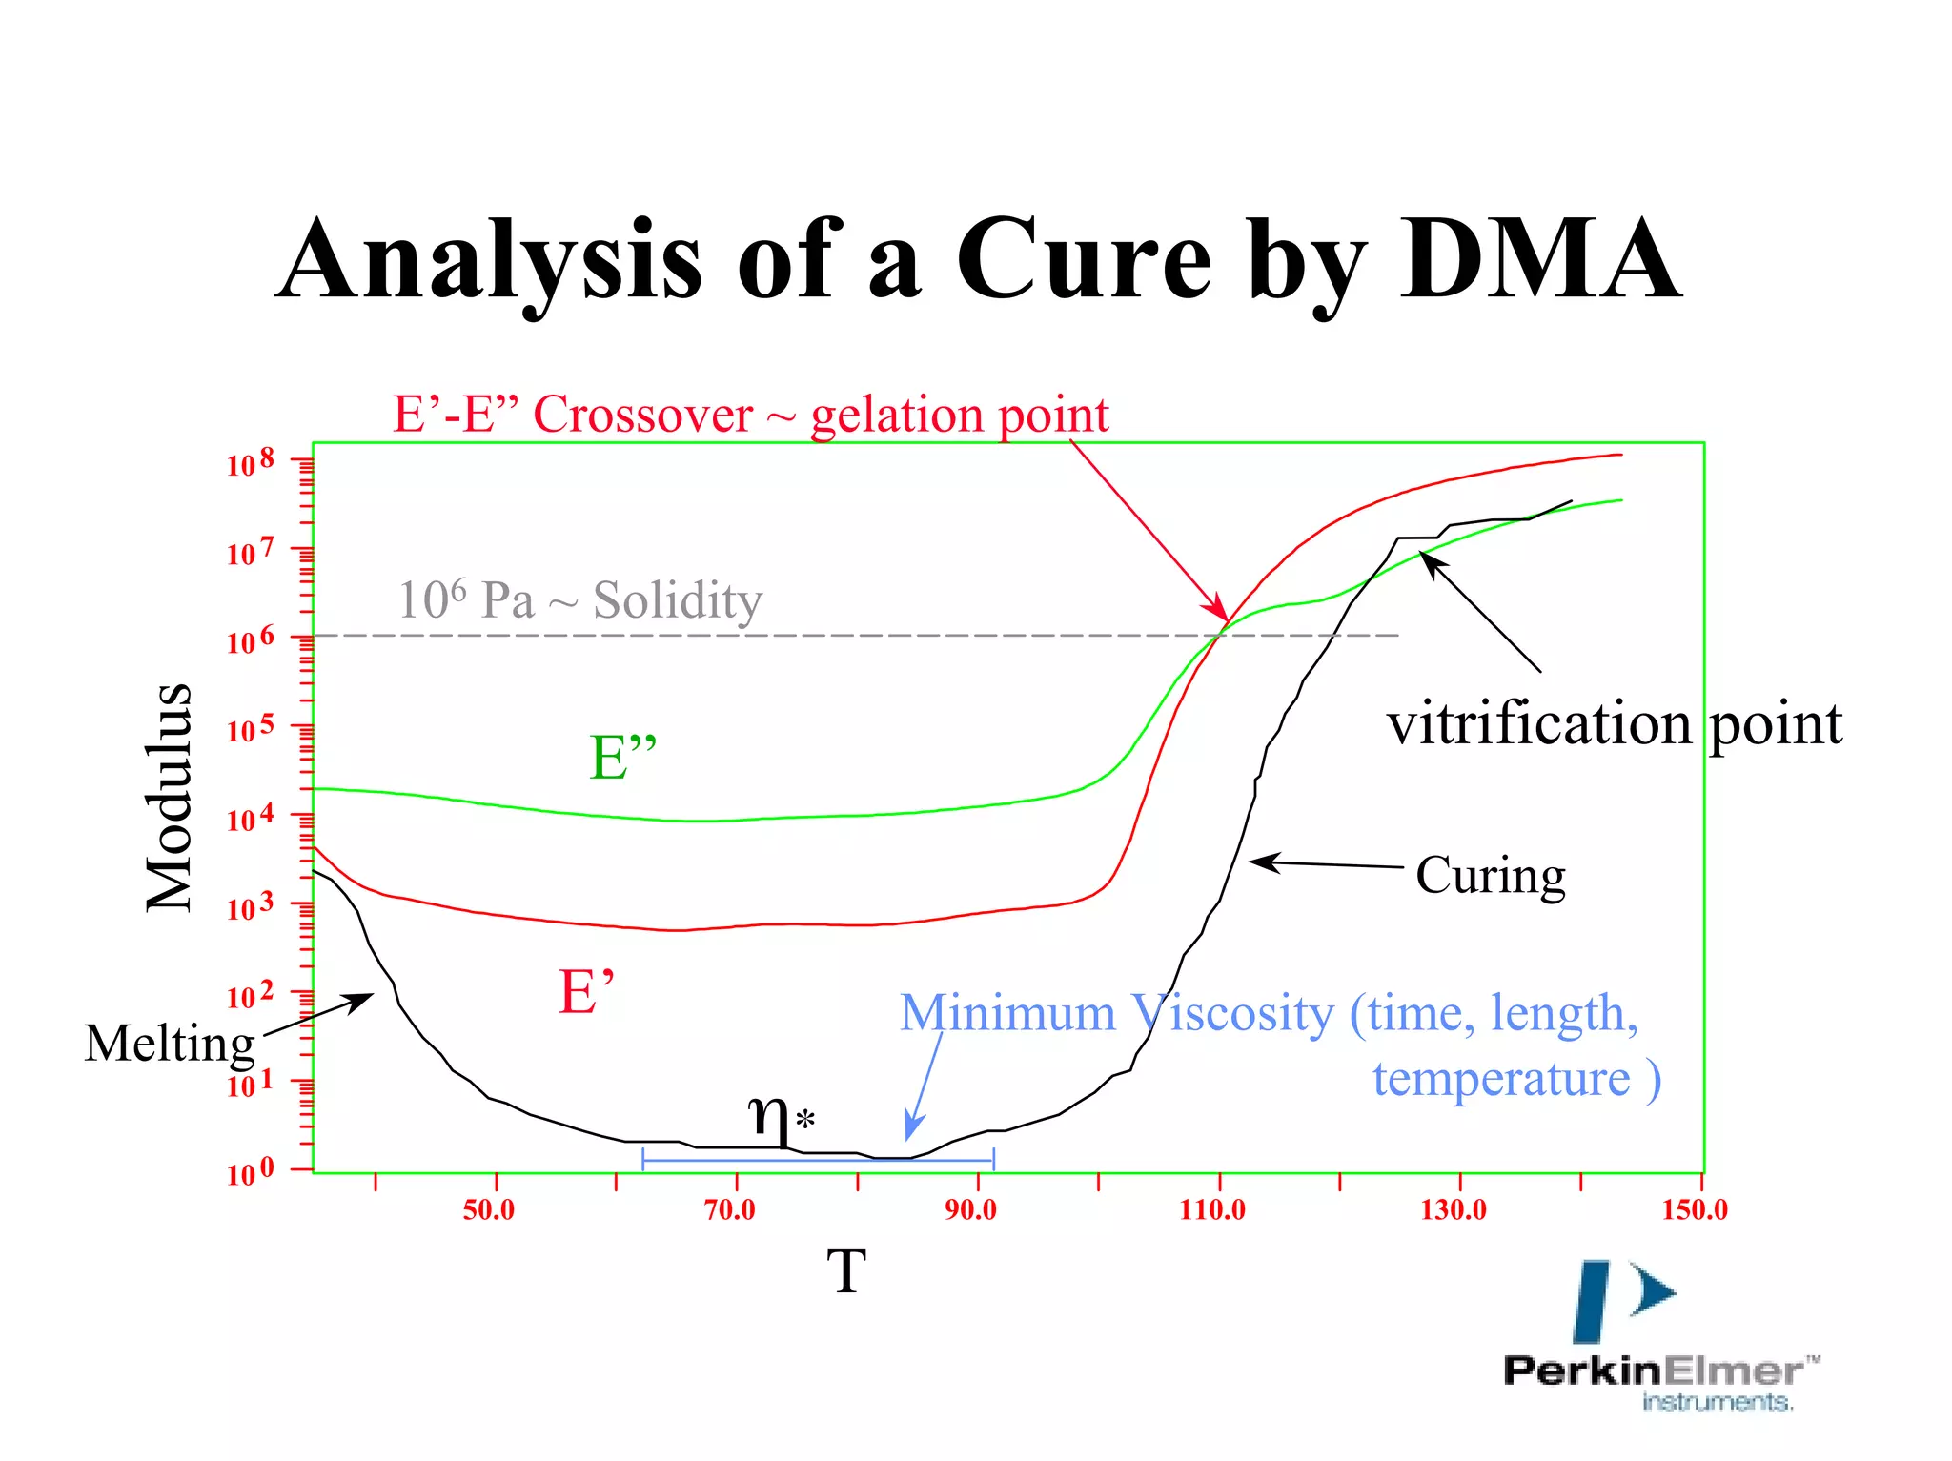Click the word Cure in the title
click(1084, 259)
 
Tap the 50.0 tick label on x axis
click(489, 1209)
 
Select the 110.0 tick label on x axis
click(1212, 1209)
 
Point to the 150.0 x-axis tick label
click(1695, 1209)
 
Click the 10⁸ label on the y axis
click(250, 463)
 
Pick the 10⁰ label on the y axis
click(250, 1172)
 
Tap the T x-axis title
click(845, 1271)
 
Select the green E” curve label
click(623, 758)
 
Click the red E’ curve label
click(586, 992)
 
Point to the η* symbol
click(780, 1115)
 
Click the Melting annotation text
click(170, 1043)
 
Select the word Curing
click(1490, 875)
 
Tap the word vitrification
click(1538, 724)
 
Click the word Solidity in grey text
click(678, 600)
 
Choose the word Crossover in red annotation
click(642, 415)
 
